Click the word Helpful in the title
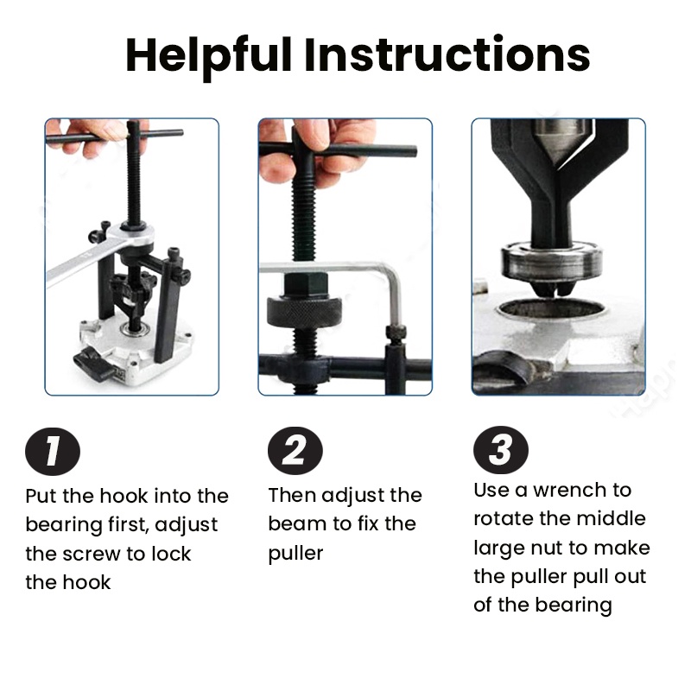coord(208,55)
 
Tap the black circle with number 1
coord(53,451)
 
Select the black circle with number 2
coord(295,450)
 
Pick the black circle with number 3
coord(501,449)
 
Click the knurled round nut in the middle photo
coord(304,313)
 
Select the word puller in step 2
coord(295,554)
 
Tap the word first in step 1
coord(128,525)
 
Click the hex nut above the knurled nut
coord(306,285)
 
